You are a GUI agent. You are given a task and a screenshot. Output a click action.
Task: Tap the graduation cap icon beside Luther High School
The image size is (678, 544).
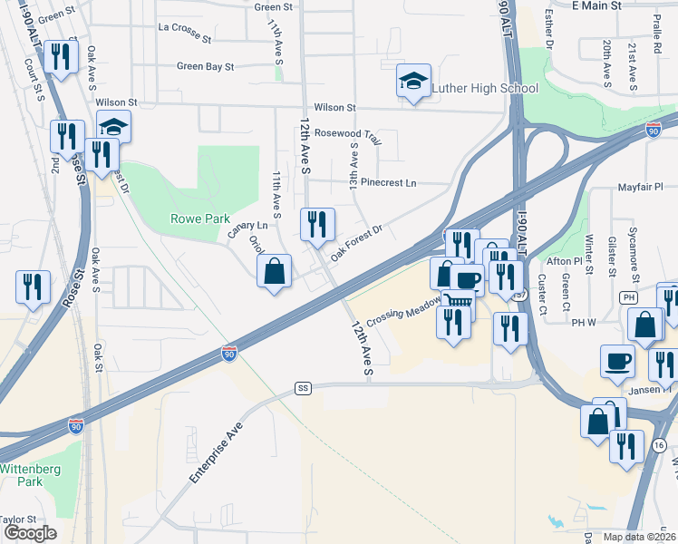[413, 82]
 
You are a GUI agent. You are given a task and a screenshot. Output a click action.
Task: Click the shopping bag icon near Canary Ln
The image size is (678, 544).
[274, 271]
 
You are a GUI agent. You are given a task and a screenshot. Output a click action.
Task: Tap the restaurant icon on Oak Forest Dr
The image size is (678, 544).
[317, 224]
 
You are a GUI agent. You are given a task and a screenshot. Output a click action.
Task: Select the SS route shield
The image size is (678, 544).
[303, 388]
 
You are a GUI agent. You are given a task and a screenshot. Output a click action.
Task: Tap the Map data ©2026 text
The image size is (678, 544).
[640, 537]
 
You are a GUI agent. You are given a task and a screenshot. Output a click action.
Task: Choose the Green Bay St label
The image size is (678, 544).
[206, 66]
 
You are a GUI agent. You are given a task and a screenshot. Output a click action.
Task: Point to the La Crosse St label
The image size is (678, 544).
[184, 39]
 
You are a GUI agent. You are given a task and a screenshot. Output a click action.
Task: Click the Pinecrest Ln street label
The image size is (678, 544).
[388, 182]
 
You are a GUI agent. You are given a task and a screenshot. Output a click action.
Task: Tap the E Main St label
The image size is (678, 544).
[596, 5]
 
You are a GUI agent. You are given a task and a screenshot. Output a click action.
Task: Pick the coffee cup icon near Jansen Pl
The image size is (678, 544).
[617, 360]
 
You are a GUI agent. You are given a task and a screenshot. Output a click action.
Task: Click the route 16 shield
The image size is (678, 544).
[659, 444]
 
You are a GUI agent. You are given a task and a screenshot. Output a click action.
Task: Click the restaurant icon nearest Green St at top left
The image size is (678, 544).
[61, 57]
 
